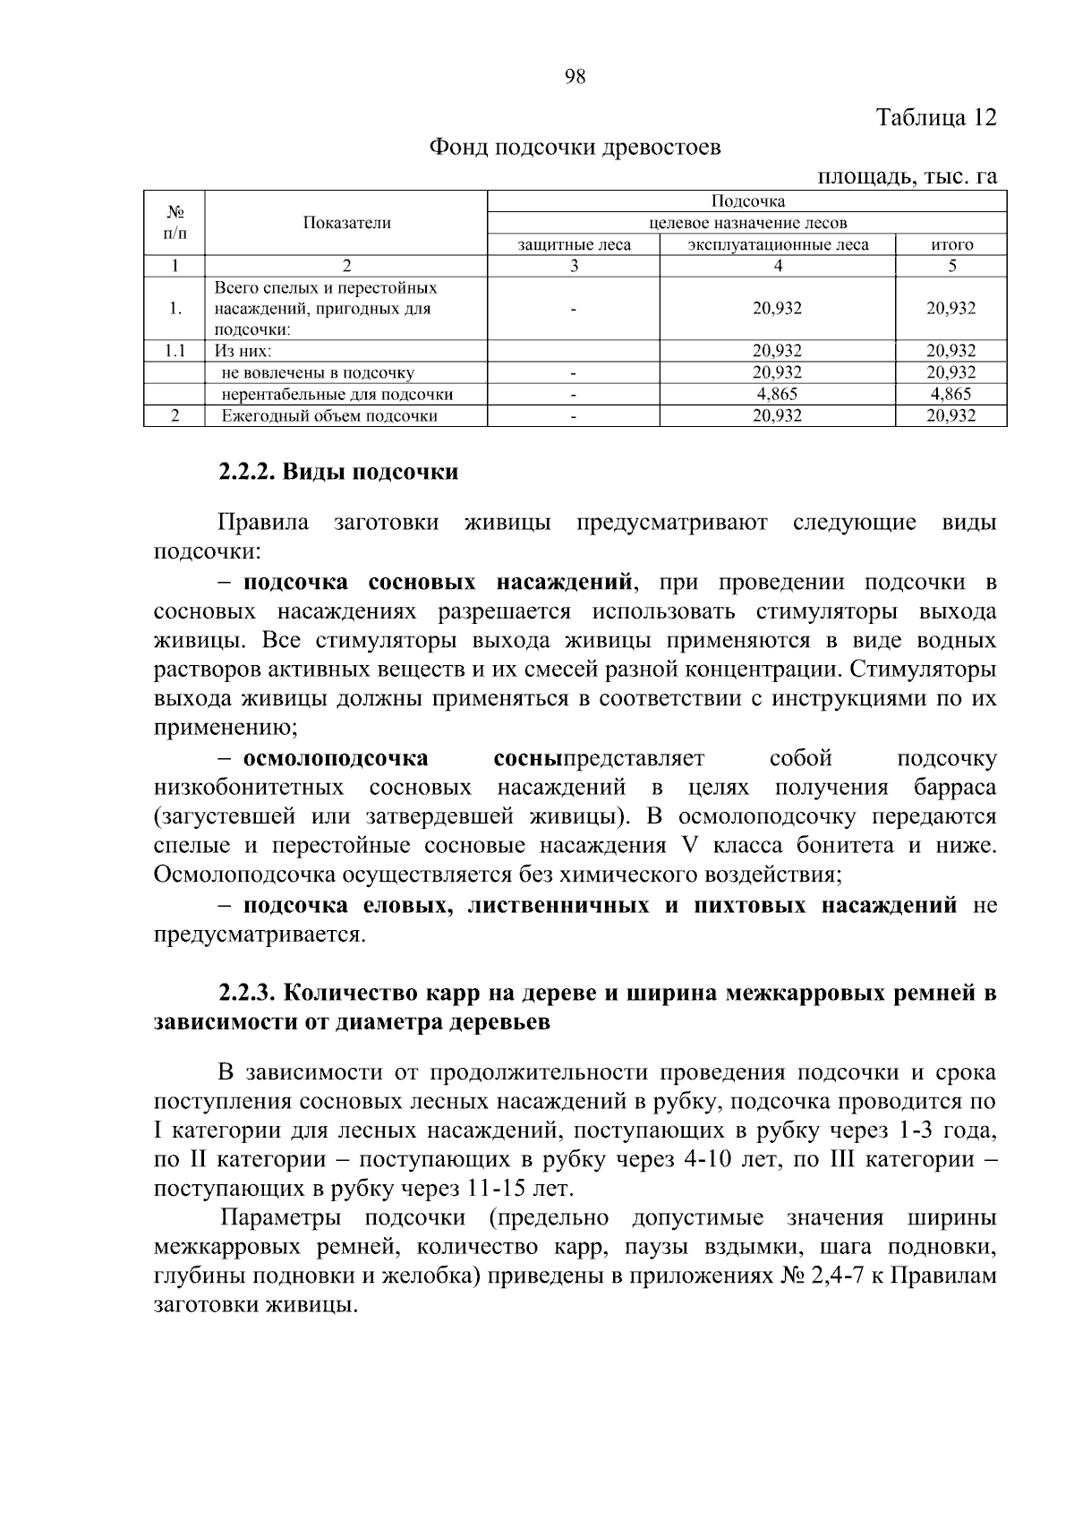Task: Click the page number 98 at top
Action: pyautogui.click(x=575, y=77)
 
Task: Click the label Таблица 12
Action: pyautogui.click(x=935, y=118)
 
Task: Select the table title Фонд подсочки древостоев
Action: pyautogui.click(x=575, y=147)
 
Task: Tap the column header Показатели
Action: pyautogui.click(x=346, y=224)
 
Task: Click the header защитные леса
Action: pyautogui.click(x=574, y=244)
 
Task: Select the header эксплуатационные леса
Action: pyautogui.click(x=778, y=244)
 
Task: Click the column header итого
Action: pyautogui.click(x=951, y=244)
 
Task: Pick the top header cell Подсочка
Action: pyautogui.click(x=747, y=201)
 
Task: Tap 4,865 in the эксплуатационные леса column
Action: pyautogui.click(x=777, y=394)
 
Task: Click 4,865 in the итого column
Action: pyautogui.click(x=950, y=394)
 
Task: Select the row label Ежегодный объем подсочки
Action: pyautogui.click(x=329, y=415)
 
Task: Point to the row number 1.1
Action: pyautogui.click(x=175, y=351)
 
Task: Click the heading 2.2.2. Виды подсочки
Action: pyautogui.click(x=338, y=472)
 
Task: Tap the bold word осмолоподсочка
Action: pyautogui.click(x=336, y=758)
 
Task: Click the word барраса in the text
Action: pyautogui.click(x=955, y=788)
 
